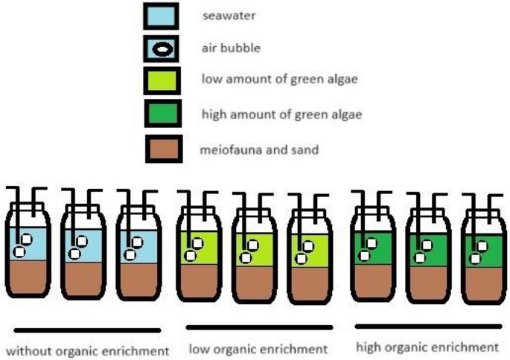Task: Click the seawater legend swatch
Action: pyautogui.click(x=161, y=16)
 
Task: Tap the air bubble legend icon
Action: pyautogui.click(x=161, y=49)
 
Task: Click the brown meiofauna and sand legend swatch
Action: pyautogui.click(x=161, y=148)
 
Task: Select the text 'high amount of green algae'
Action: pyautogui.click(x=282, y=114)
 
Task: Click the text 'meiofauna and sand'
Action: pyautogui.click(x=259, y=150)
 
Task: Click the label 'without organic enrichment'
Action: pyautogui.click(x=87, y=350)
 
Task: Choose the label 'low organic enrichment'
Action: pyautogui.click(x=258, y=349)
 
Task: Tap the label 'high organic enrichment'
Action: pyautogui.click(x=427, y=347)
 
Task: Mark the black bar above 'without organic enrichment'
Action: pyautogui.click(x=87, y=330)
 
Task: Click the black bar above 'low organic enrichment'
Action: pyautogui.click(x=258, y=327)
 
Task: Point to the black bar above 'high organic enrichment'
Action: pyautogui.click(x=427, y=326)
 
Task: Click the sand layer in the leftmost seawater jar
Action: pyautogui.click(x=29, y=280)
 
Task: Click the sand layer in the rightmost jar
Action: pyautogui.click(x=479, y=281)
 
